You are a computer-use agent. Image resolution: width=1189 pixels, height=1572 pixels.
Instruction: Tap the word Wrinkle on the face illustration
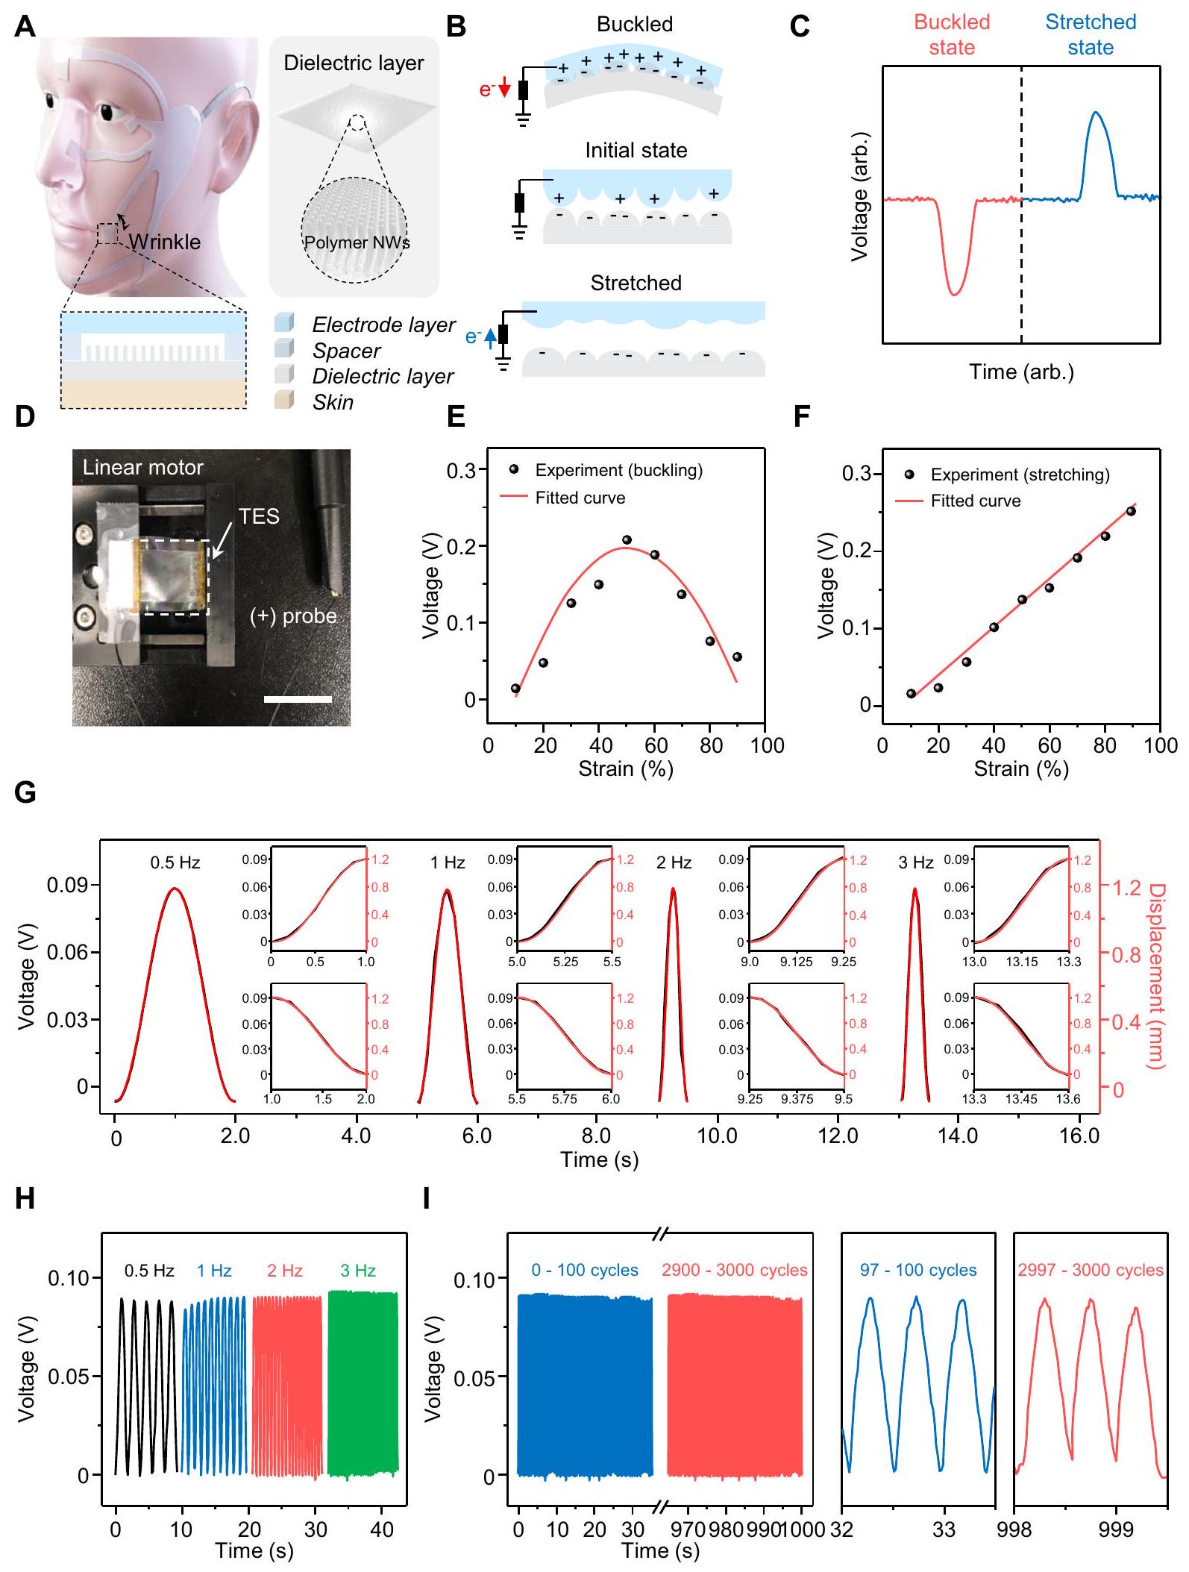pyautogui.click(x=164, y=242)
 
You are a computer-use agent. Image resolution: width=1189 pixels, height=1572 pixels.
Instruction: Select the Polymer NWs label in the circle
pyautogui.click(x=356, y=242)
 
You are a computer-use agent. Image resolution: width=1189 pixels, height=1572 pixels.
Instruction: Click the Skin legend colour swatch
pyautogui.click(x=285, y=401)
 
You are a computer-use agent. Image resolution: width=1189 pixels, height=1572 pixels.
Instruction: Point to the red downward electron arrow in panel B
pyautogui.click(x=503, y=90)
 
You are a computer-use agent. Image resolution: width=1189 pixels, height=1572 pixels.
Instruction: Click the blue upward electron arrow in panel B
pyautogui.click(x=490, y=338)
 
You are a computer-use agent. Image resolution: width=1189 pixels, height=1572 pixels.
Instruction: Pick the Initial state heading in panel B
pyautogui.click(x=636, y=151)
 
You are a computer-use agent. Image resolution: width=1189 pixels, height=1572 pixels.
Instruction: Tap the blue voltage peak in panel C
pyautogui.click(x=1095, y=113)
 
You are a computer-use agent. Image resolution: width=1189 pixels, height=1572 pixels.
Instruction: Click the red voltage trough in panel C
pyautogui.click(x=954, y=293)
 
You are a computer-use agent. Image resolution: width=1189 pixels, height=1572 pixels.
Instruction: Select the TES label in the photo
pyautogui.click(x=259, y=516)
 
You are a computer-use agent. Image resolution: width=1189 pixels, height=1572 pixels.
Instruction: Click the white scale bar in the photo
pyautogui.click(x=297, y=699)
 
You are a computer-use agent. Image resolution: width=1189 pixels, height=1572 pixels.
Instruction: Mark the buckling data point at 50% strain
pyautogui.click(x=627, y=539)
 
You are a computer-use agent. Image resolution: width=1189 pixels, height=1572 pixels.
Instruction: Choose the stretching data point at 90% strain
pyautogui.click(x=1131, y=511)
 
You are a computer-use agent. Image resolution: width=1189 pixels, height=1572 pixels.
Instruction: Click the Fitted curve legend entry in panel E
pyautogui.click(x=580, y=498)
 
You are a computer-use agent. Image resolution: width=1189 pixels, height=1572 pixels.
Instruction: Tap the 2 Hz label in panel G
pyautogui.click(x=674, y=862)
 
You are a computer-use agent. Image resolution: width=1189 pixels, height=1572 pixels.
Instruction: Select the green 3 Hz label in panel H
pyautogui.click(x=358, y=1271)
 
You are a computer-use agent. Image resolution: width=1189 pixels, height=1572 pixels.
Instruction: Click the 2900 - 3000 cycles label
pyautogui.click(x=734, y=1270)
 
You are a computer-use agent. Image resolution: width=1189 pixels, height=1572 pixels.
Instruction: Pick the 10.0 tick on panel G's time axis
pyautogui.click(x=717, y=1136)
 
